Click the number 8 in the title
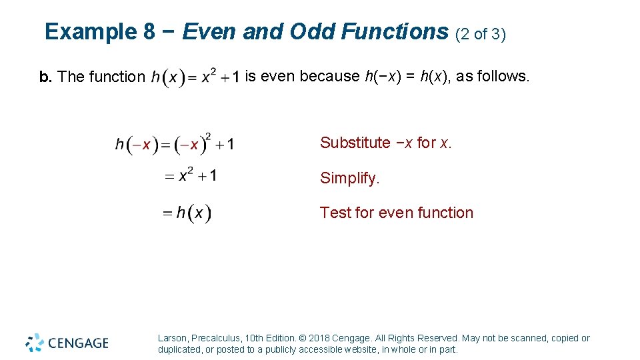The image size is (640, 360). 149,32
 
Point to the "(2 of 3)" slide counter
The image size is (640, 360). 481,34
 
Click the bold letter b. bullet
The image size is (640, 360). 45,77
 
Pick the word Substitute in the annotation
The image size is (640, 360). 355,143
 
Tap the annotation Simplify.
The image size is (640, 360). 350,179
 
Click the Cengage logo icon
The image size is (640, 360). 35,343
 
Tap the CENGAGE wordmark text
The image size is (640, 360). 78,343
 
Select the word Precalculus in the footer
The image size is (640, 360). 218,339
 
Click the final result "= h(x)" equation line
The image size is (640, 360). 187,213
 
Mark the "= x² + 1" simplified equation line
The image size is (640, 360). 191,176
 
